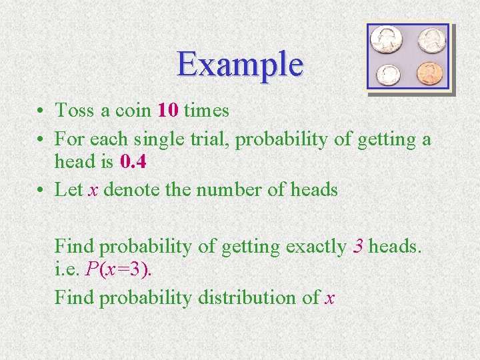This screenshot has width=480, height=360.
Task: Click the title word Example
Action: click(240, 65)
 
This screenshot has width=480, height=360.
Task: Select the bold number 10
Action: click(167, 110)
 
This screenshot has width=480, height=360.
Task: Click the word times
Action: click(206, 110)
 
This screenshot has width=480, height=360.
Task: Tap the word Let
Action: click(68, 189)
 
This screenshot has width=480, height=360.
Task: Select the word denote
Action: click(132, 189)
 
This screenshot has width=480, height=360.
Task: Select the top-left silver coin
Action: click(386, 39)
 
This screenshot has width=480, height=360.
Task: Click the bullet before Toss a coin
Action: click(41, 111)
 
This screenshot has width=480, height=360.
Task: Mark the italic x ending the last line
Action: click(329, 298)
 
